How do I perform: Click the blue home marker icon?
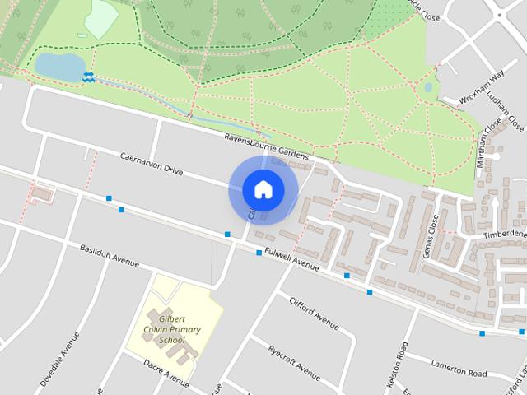pyautogui.click(x=263, y=189)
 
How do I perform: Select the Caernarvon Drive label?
pyautogui.click(x=151, y=163)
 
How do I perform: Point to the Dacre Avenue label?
pyautogui.click(x=166, y=372)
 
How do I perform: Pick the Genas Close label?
pyautogui.click(x=430, y=235)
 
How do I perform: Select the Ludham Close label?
pyautogui.click(x=505, y=113)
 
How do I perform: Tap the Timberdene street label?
pyautogui.click(x=506, y=234)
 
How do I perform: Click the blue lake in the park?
pyautogui.click(x=59, y=65)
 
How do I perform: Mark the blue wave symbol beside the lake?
pyautogui.click(x=88, y=77)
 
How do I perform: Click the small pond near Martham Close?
pyautogui.click(x=427, y=86)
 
